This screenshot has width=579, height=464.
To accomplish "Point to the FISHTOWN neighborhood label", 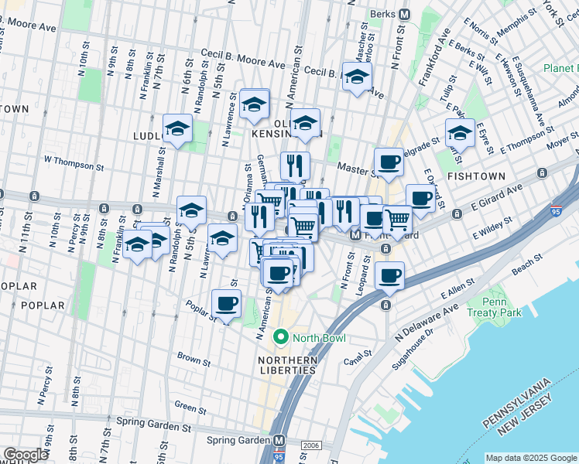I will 476,176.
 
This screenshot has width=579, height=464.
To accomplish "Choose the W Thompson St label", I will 74,164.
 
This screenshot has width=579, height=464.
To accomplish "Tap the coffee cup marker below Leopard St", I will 389,275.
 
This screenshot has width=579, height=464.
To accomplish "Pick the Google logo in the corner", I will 26,455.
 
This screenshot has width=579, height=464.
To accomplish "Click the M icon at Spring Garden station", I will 279,440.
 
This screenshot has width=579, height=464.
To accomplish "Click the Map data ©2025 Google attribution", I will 530,458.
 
